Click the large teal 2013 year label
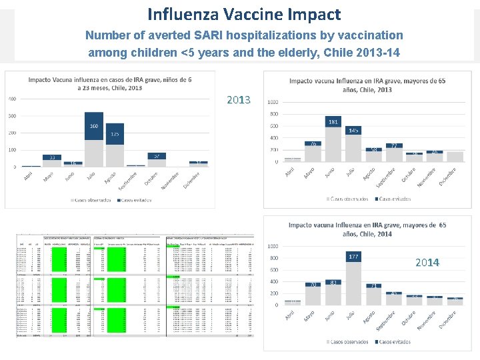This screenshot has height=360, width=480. point(239,100)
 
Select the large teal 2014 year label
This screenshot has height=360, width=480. point(427,262)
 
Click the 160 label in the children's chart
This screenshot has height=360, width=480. point(94,126)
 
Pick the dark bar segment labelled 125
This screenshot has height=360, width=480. point(115,134)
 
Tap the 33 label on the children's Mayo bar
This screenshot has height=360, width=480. point(51,158)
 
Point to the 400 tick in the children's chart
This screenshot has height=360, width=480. point(12,99)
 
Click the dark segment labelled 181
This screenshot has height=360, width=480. point(333,121)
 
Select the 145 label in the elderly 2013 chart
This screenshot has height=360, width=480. point(353,130)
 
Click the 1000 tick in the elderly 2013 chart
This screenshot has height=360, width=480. point(273,102)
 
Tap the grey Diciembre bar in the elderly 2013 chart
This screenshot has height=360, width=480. point(455,157)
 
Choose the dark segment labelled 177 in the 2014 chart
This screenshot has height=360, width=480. point(353,256)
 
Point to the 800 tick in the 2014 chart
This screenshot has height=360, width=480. point(273,258)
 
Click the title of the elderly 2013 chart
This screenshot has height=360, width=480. point(359,85)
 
